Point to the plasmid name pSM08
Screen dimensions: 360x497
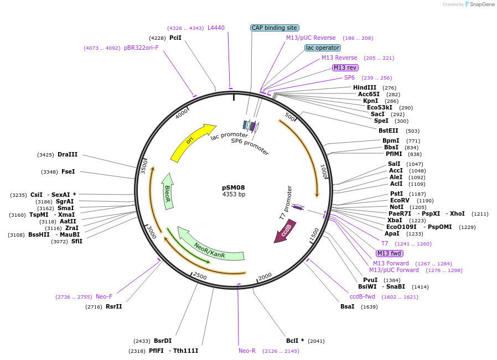[x=234, y=187]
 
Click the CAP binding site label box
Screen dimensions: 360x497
[x=275, y=28]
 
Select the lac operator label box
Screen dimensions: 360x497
[x=323, y=48]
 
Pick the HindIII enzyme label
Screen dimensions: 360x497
[x=365, y=87]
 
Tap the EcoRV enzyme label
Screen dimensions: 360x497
[x=400, y=200]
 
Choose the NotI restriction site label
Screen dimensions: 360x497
[x=397, y=207]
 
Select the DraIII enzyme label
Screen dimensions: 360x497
[x=68, y=154]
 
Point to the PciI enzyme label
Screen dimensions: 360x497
[x=175, y=38]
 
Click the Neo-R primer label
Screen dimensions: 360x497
[x=247, y=351]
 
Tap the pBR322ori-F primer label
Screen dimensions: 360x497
[x=141, y=48]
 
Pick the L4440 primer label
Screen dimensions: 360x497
[x=216, y=28]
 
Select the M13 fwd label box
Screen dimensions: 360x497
[x=390, y=253]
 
